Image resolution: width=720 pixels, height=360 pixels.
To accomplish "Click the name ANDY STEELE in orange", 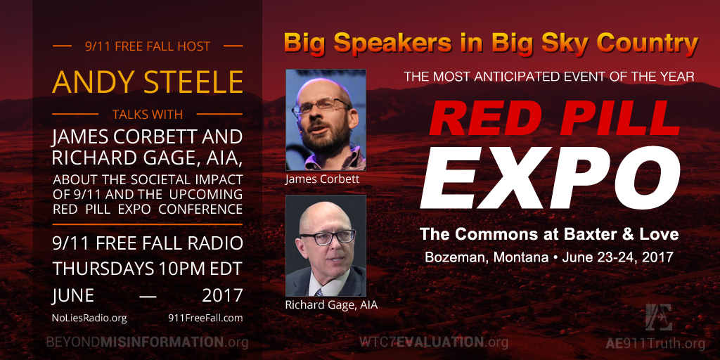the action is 148,82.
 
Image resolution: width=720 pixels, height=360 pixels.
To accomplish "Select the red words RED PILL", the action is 554,119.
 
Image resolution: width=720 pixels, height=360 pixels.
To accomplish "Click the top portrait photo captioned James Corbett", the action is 326,120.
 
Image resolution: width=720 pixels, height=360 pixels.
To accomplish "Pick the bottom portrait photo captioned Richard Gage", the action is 326,245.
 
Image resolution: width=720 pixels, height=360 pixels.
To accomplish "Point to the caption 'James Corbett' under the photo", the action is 322,179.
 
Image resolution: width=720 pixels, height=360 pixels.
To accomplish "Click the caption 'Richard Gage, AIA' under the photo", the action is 332,305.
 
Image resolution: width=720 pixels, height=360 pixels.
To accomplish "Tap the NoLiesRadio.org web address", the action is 89,318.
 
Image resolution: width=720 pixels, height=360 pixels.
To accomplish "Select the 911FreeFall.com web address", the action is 205,318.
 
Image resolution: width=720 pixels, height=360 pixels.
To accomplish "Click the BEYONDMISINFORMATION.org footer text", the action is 148,342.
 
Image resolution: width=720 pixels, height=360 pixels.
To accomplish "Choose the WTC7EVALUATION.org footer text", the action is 434,342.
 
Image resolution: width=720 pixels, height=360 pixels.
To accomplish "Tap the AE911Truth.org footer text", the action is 655,343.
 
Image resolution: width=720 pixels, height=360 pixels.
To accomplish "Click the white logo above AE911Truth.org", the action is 658,317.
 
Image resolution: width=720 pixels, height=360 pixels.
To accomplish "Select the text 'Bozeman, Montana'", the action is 487,257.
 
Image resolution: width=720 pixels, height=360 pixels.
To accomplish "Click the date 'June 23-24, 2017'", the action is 617,257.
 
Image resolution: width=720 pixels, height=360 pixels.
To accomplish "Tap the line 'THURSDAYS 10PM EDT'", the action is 148,269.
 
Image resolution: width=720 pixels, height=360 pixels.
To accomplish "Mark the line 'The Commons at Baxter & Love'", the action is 549,235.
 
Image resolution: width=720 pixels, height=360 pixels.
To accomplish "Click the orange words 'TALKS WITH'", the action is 148,114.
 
